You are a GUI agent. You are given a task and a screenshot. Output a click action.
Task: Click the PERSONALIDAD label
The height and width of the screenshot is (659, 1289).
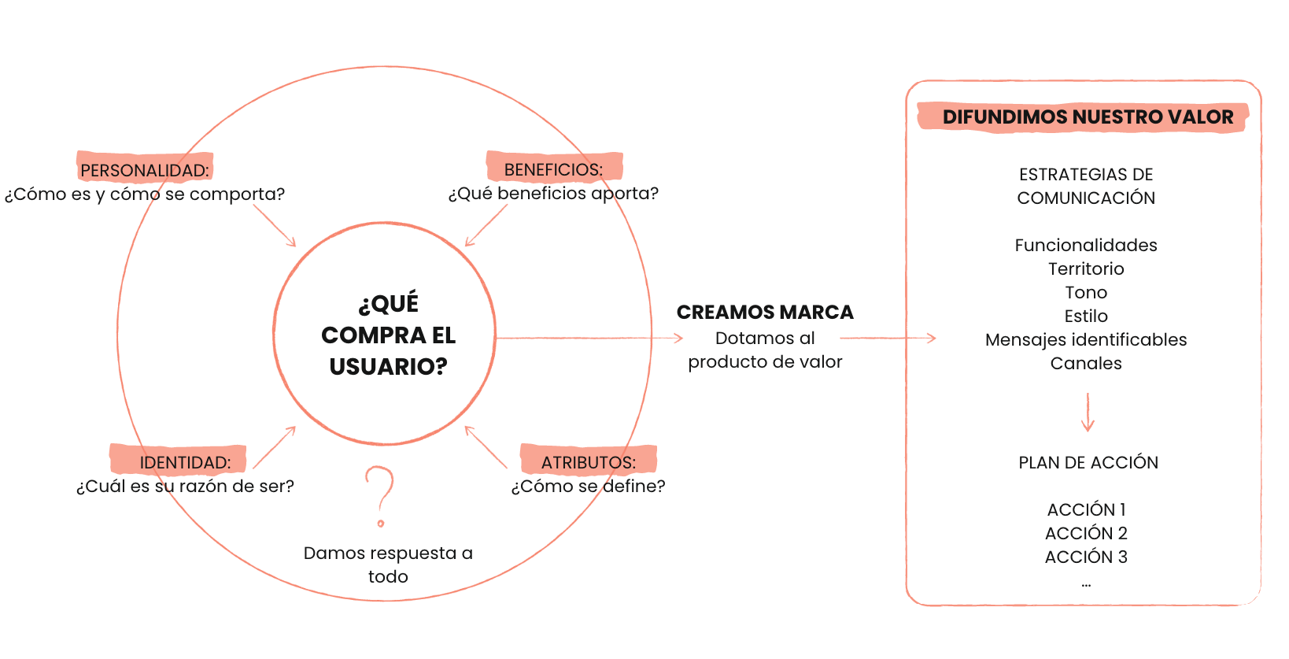145,170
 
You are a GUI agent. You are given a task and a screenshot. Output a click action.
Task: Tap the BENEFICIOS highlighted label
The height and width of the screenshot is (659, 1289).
553,170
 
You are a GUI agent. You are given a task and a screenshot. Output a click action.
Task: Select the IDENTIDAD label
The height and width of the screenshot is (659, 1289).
185,462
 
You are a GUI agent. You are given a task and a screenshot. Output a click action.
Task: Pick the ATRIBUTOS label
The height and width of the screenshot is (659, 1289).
588,462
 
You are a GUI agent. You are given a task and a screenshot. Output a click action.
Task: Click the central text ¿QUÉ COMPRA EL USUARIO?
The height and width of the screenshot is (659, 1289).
389,335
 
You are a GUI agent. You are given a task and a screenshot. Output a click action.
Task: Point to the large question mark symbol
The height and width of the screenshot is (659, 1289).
380,496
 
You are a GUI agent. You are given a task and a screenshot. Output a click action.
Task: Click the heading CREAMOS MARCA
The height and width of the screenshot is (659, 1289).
765,312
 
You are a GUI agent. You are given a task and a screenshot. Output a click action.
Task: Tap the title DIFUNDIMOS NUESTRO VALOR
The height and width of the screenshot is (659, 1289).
1088,117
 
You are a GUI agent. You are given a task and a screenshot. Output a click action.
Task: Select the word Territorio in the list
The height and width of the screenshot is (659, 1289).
1086,268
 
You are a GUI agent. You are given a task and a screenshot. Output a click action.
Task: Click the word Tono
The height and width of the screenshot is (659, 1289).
1086,292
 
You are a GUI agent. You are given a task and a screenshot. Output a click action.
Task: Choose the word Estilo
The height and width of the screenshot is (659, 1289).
1086,316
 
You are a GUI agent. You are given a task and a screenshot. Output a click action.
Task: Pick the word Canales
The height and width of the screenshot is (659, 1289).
1086,363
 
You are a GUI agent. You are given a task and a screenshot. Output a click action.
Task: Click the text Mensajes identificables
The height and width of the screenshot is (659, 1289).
1086,339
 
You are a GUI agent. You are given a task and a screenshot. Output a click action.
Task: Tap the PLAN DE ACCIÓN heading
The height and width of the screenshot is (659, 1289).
1088,462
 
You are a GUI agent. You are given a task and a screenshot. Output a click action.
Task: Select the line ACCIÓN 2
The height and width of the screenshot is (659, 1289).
1086,534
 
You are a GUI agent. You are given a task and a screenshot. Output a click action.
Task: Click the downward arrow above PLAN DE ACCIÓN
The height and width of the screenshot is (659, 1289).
1088,412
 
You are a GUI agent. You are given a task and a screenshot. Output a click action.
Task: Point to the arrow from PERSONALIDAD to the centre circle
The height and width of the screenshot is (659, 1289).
275,226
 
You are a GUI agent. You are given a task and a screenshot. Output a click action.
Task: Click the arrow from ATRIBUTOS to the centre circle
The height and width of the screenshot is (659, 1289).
486,446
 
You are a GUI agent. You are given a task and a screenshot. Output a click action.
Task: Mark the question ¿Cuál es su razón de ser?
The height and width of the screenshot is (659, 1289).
185,487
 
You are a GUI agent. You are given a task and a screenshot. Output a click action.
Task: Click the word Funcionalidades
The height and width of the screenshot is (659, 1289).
1086,245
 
